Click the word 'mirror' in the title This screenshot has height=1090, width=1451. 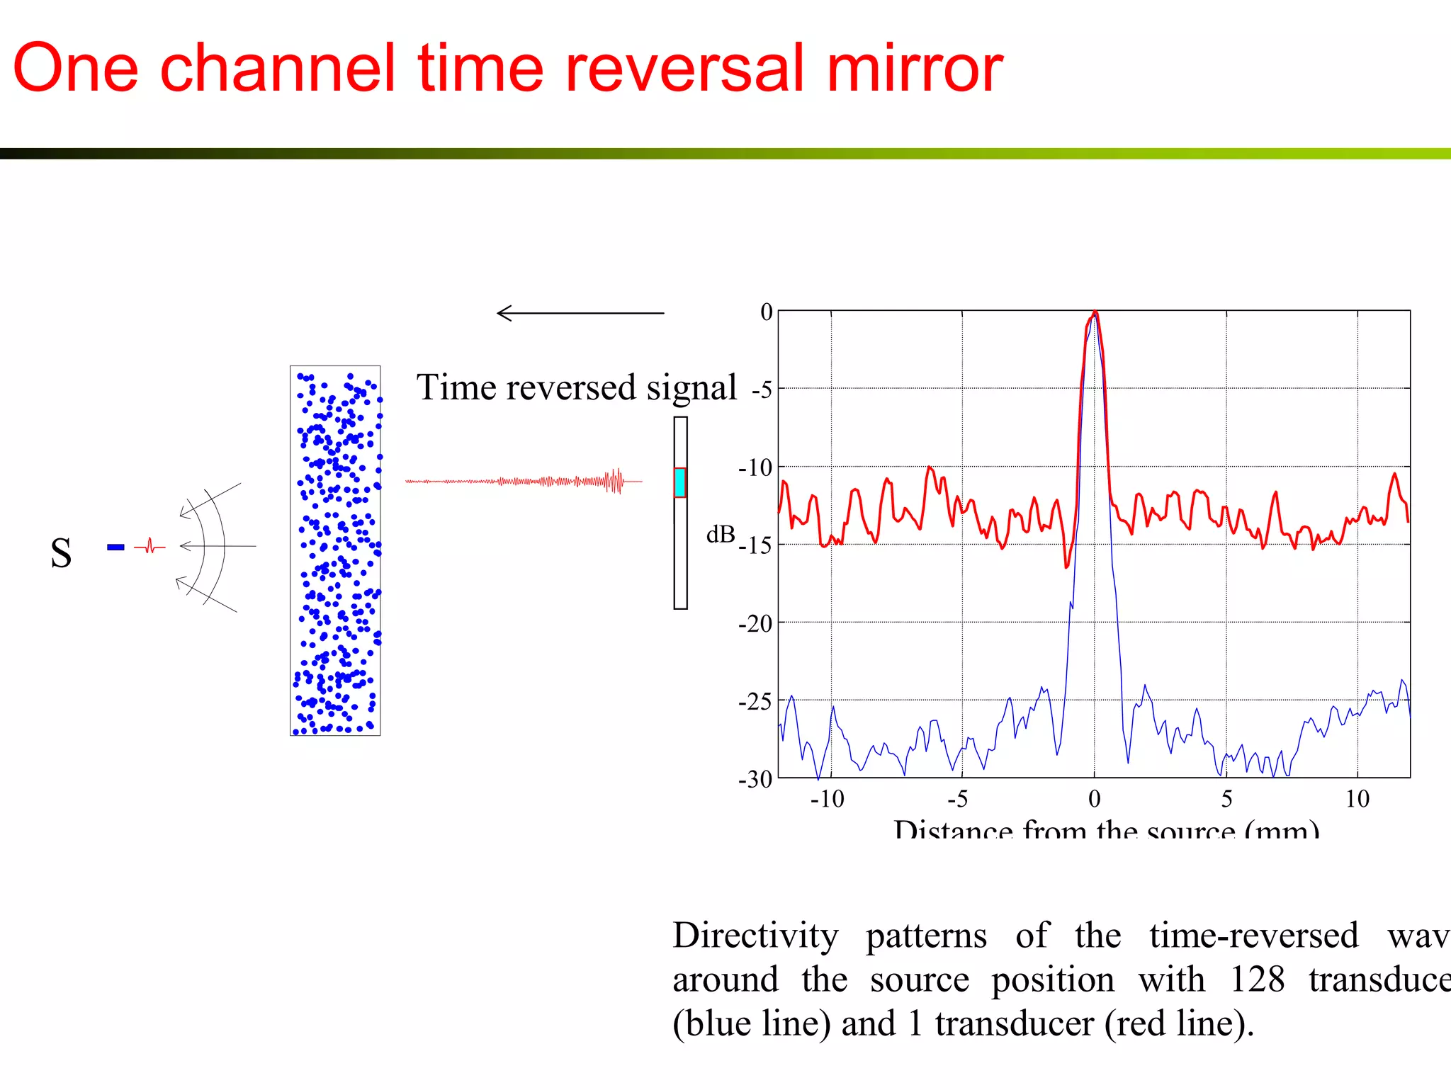(914, 69)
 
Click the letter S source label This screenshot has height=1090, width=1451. (61, 553)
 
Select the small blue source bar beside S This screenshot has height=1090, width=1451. (115, 547)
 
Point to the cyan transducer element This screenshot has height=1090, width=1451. (679, 482)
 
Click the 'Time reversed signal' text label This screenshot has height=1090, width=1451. (576, 387)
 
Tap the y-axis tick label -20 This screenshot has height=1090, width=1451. (755, 624)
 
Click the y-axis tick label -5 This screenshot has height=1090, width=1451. (762, 390)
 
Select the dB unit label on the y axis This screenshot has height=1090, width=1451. (721, 534)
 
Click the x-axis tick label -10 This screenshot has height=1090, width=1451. (827, 799)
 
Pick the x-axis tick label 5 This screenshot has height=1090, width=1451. (1226, 799)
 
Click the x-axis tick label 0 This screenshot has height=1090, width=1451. (1095, 799)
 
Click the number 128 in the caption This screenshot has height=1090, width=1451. (1257, 980)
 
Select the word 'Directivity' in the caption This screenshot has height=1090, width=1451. (755, 936)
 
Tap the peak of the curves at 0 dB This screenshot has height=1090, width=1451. (1095, 313)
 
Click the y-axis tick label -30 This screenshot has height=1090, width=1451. (755, 779)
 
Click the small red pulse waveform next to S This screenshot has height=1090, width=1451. (149, 547)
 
